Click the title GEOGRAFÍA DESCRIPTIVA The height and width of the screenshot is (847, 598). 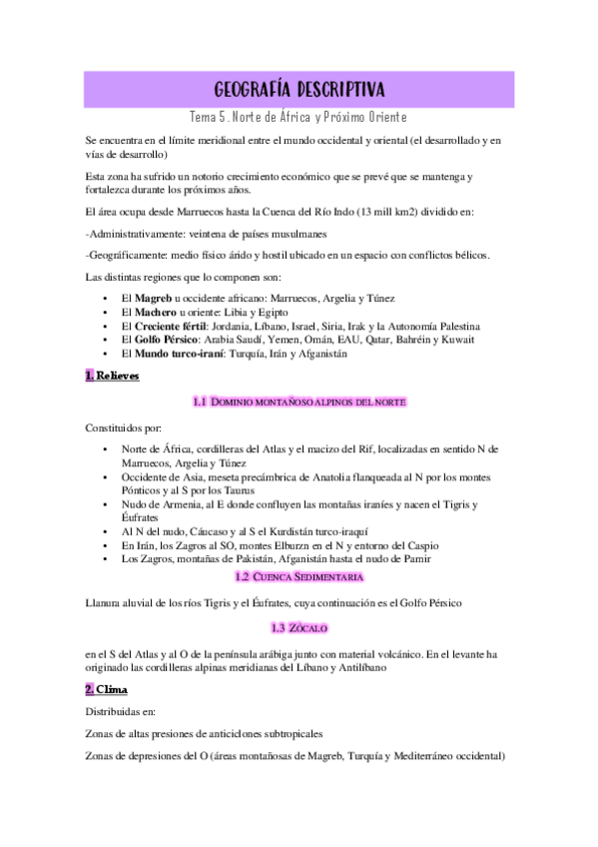click(299, 89)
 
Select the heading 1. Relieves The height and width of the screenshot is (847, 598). click(112, 376)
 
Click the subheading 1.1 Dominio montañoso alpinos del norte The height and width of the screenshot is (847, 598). click(299, 402)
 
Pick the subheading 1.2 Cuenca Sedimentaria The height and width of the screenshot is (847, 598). click(299, 577)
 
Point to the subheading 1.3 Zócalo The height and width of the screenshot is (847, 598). click(299, 628)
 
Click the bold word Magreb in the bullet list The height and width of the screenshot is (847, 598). click(154, 299)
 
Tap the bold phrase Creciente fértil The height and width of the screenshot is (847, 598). click(172, 327)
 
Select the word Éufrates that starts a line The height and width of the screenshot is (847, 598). click(141, 518)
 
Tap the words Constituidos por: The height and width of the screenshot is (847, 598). click(123, 427)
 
